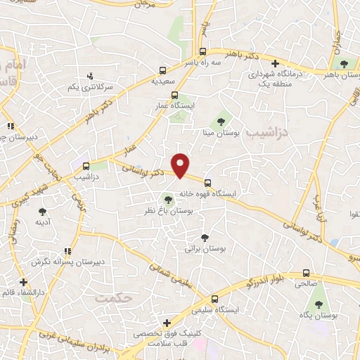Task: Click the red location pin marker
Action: click(181, 165)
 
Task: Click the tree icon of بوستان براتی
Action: click(204, 238)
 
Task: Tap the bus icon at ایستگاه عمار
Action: click(175, 95)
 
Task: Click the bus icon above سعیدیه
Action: click(162, 70)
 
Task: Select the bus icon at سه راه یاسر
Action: click(202, 51)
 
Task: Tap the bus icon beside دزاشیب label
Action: click(86, 167)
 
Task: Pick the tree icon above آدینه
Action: click(42, 211)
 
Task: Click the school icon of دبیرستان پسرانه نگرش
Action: click(67, 250)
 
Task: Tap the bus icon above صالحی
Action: click(305, 273)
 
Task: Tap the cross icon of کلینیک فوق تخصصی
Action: click(166, 323)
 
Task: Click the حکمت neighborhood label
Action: click(113, 298)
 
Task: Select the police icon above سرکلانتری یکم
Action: click(89, 76)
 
